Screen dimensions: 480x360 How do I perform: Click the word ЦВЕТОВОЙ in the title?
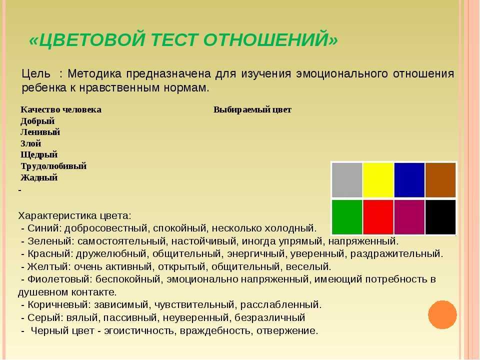click(x=92, y=39)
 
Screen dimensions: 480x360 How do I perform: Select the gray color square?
click(x=347, y=180)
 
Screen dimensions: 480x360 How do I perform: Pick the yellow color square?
click(x=378, y=180)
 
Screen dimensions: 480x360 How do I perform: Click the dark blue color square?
click(x=409, y=180)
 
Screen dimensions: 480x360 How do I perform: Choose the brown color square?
click(x=440, y=180)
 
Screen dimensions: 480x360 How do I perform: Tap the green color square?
click(x=347, y=217)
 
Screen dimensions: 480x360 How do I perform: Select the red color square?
click(x=378, y=217)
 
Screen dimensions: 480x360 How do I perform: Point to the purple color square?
click(x=409, y=217)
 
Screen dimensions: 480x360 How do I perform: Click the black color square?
click(x=440, y=217)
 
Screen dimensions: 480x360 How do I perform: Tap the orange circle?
click(x=442, y=314)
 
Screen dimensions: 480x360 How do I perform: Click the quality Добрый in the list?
click(x=37, y=121)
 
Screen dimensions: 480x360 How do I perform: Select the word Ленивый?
click(x=40, y=132)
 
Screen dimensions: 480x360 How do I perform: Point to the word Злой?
click(x=30, y=143)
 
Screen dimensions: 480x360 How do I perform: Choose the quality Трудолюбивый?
click(x=53, y=166)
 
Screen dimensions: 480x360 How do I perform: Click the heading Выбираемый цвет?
click(x=252, y=110)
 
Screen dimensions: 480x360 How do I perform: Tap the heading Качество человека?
click(x=61, y=109)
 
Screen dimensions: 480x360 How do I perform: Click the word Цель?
click(x=36, y=74)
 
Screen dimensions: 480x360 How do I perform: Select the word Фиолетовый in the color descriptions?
click(x=59, y=279)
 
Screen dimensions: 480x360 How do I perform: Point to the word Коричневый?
click(x=59, y=305)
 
